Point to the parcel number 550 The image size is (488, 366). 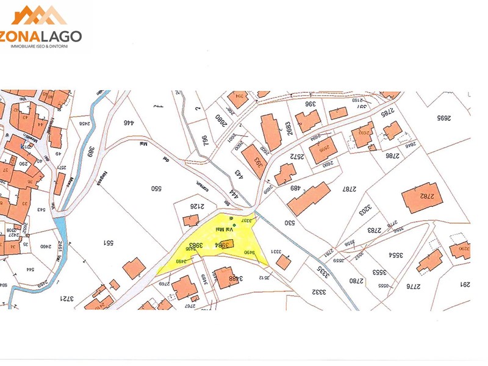pyautogui.click(x=156, y=188)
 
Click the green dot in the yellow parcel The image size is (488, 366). pyautogui.click(x=234, y=226)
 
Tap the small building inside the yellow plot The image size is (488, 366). pyautogui.click(x=226, y=245)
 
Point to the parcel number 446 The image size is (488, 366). pyautogui.click(x=128, y=123)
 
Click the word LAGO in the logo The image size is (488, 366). pyautogui.click(x=58, y=36)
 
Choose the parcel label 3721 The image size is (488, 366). pyautogui.click(x=67, y=298)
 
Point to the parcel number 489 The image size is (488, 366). pyautogui.click(x=297, y=188)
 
